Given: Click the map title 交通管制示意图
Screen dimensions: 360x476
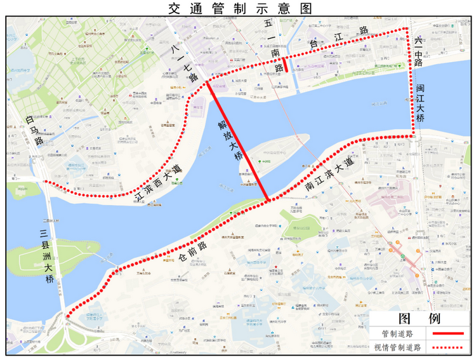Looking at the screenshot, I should point(238,8).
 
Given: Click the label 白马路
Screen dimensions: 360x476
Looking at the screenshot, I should point(33,131).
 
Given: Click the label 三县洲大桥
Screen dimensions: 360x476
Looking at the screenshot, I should point(48,254).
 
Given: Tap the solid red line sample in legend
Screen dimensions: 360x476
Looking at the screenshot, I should point(447,333).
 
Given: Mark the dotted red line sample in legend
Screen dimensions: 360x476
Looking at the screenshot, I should point(447,347).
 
